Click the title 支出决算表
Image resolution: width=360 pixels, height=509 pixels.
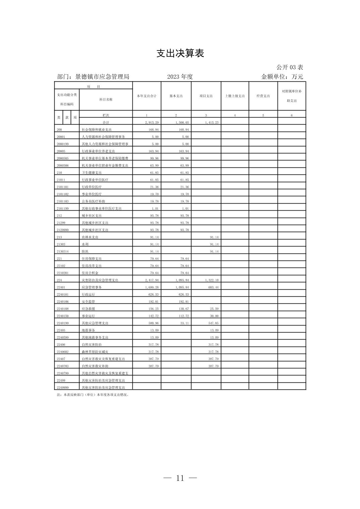[x=180, y=54]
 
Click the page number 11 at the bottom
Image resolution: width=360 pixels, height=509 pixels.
[x=180, y=478]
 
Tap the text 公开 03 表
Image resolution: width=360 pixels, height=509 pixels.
[x=290, y=67]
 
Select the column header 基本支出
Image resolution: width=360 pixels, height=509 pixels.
[x=176, y=96]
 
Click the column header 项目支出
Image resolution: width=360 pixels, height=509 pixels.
[x=206, y=96]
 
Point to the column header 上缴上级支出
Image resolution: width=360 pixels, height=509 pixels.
[x=235, y=96]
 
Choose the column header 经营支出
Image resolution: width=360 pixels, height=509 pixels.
[x=263, y=96]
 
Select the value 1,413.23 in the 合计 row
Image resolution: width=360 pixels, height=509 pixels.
[x=212, y=123]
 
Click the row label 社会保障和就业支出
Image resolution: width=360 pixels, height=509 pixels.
[x=97, y=130]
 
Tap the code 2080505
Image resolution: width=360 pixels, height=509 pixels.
[x=63, y=158]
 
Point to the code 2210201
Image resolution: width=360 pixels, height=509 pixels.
[x=63, y=273]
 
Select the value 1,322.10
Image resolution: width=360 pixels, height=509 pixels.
[x=212, y=280]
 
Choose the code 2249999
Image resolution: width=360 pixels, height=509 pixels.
[x=63, y=387]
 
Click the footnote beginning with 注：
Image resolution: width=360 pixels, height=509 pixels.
[x=93, y=395]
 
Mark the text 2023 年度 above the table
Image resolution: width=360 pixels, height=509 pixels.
[x=180, y=77]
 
